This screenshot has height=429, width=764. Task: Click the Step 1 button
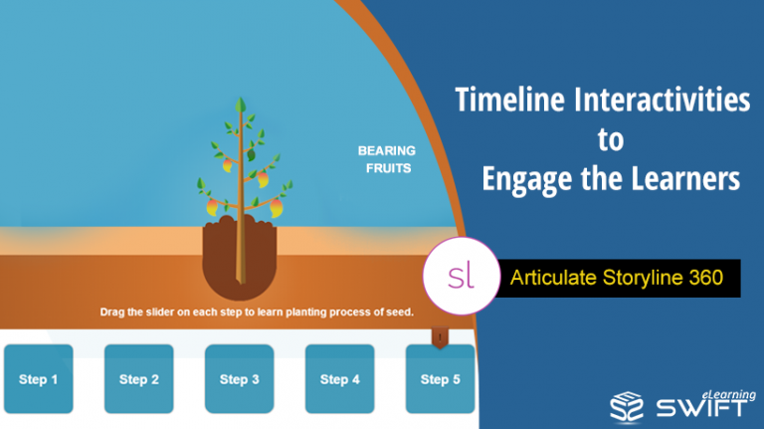tap(39, 379)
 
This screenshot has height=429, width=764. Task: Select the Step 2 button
tap(139, 379)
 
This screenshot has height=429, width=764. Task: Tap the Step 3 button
tap(240, 379)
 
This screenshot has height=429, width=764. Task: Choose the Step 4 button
tap(340, 379)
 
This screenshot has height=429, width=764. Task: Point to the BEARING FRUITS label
tap(386, 159)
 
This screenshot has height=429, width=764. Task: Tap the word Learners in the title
tap(685, 178)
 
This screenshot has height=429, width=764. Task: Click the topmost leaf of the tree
tap(239, 106)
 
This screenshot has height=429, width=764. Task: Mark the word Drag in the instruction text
tap(115, 312)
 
